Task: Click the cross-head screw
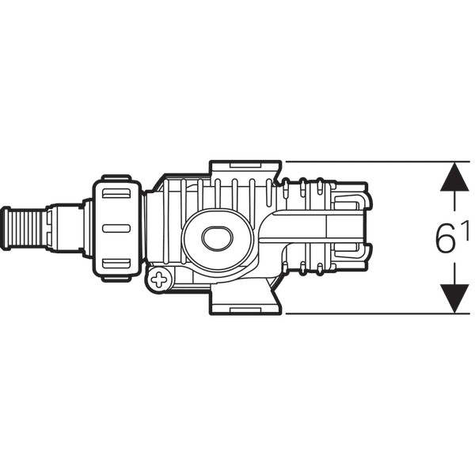(x=158, y=279)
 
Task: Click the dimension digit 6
(x=445, y=237)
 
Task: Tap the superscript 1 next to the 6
(x=465, y=230)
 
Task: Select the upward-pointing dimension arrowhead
(x=454, y=177)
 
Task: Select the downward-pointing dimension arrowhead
(x=454, y=298)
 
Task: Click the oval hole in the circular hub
(x=217, y=238)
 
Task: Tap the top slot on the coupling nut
(x=116, y=194)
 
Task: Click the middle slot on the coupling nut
(x=116, y=229)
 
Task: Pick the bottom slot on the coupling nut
(x=116, y=264)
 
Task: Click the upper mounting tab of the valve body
(x=245, y=169)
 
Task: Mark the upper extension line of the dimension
(x=378, y=161)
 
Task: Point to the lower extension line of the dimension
(x=378, y=313)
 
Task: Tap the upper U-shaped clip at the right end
(x=348, y=201)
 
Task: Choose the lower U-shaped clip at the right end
(x=348, y=251)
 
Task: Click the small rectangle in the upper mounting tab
(x=245, y=165)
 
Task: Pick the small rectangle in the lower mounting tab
(x=245, y=310)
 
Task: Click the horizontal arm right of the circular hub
(x=312, y=226)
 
